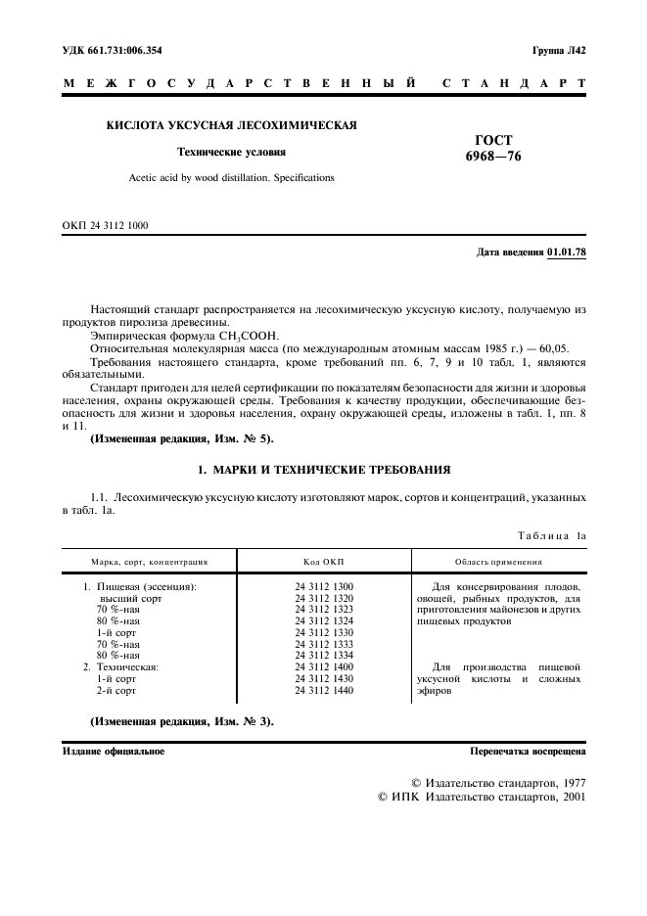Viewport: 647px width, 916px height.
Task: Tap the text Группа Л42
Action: coord(559,50)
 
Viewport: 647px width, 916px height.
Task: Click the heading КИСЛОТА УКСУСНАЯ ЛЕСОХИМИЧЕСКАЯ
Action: coord(231,125)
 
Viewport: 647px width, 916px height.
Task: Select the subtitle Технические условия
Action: coord(231,152)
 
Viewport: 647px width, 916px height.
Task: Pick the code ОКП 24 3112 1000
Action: coord(106,226)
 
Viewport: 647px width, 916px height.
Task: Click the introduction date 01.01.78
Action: coord(567,252)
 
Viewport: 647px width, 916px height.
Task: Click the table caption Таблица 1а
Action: coord(549,535)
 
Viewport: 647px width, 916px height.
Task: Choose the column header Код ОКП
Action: coord(323,563)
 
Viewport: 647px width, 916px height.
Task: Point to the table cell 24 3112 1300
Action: coord(324,586)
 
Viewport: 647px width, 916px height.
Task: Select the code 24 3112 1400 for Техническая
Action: coord(324,667)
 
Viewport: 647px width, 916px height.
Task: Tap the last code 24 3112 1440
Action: coord(324,691)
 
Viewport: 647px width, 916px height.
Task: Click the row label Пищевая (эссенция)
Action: coord(146,586)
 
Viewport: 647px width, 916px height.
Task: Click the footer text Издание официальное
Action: coord(114,752)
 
